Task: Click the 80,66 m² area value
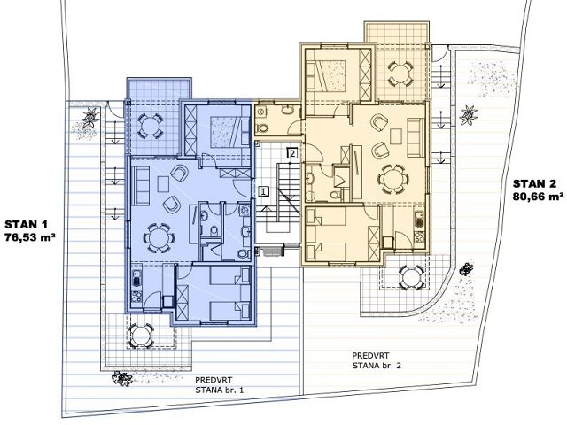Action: [x=538, y=197]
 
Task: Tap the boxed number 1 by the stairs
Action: [x=264, y=191]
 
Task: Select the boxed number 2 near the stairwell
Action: [x=292, y=153]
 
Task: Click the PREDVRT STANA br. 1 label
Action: [x=220, y=385]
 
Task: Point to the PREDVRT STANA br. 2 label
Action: [x=377, y=360]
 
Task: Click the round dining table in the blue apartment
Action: [x=159, y=238]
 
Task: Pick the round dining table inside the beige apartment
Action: [x=393, y=179]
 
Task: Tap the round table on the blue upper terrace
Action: [x=149, y=127]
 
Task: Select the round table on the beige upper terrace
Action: [x=400, y=73]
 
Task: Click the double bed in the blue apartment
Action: [x=225, y=132]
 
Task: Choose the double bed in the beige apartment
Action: [x=325, y=74]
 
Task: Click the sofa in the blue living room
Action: [x=141, y=186]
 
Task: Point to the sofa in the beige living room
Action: [x=416, y=137]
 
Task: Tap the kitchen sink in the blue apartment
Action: [x=136, y=280]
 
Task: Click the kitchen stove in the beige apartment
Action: [x=419, y=236]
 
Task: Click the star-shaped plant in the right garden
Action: [x=469, y=115]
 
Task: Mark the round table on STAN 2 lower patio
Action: [x=411, y=277]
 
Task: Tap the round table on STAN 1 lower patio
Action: [x=142, y=336]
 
